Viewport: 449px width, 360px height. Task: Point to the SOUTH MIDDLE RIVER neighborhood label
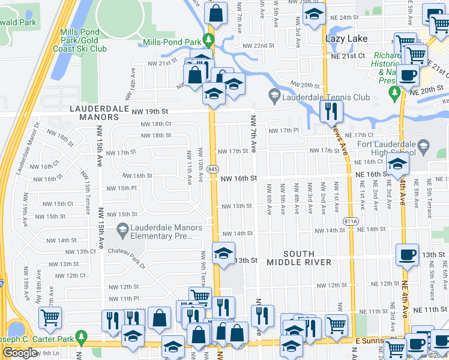tap(299, 258)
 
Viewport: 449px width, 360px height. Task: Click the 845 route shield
tap(213, 170)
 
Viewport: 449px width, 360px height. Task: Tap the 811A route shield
tap(352, 221)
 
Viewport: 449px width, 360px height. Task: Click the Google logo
tap(20, 353)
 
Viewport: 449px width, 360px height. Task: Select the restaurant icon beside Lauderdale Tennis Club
tap(330, 110)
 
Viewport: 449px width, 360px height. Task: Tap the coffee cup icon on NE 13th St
tap(407, 255)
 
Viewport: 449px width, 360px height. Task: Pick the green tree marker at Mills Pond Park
tap(209, 41)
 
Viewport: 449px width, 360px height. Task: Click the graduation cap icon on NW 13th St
tap(223, 253)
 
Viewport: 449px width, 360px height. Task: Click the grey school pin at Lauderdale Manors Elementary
tap(122, 228)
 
